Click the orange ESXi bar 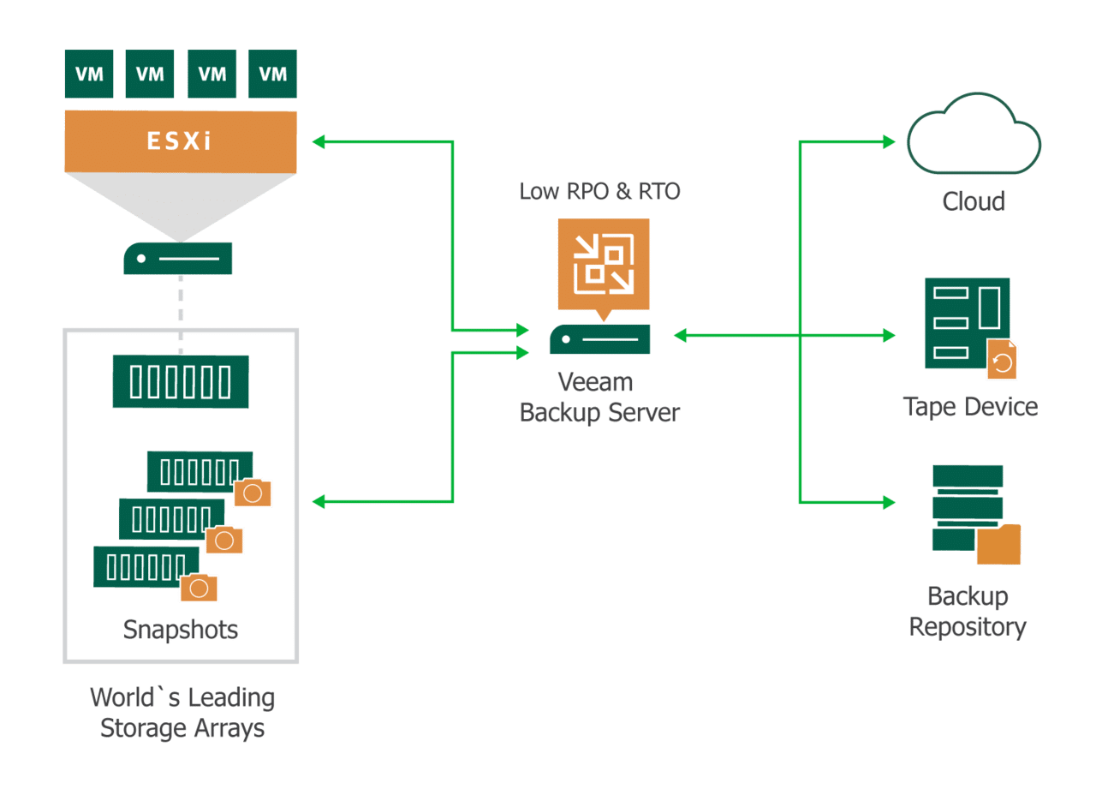(181, 141)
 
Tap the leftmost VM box (89, 74)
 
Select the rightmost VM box (273, 74)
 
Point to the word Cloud (974, 202)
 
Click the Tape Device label (970, 406)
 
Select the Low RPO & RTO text (599, 191)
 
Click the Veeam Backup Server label (599, 397)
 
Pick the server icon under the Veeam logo (599, 339)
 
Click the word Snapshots (181, 630)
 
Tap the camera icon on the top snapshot (253, 493)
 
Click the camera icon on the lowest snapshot (199, 588)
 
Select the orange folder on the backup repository (999, 545)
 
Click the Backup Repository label (968, 612)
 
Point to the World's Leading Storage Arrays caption (182, 713)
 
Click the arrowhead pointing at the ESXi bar (319, 141)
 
